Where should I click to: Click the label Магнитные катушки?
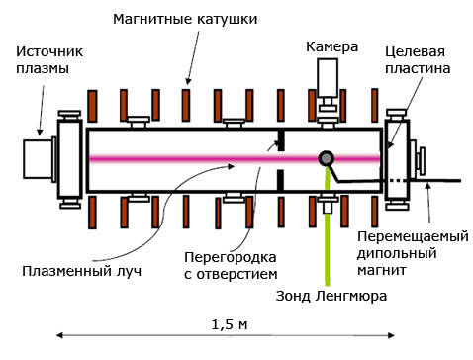pyautogui.click(x=185, y=19)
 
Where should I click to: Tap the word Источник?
pyautogui.click(x=49, y=51)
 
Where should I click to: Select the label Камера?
pyautogui.click(x=331, y=47)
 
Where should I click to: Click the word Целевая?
pyautogui.click(x=415, y=52)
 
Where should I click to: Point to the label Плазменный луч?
pyautogui.click(x=82, y=272)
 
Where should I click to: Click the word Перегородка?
pyautogui.click(x=231, y=257)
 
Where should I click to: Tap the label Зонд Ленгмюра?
pyautogui.click(x=331, y=296)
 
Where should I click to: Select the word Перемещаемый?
pyautogui.click(x=413, y=236)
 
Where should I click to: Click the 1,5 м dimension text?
pyautogui.click(x=230, y=325)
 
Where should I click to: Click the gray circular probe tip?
pyautogui.click(x=327, y=159)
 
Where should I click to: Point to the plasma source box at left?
pyautogui.click(x=38, y=159)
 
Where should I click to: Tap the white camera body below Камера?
pyautogui.click(x=328, y=78)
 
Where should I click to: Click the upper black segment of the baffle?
pyautogui.click(x=280, y=140)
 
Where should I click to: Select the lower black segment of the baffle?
pyautogui.click(x=280, y=180)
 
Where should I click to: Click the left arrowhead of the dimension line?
pyautogui.click(x=59, y=335)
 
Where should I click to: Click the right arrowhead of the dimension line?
pyautogui.click(x=391, y=335)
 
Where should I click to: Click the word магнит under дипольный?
pyautogui.click(x=382, y=270)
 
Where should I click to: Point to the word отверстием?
pyautogui.click(x=236, y=275)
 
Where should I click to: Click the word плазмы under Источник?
pyautogui.click(x=43, y=69)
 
